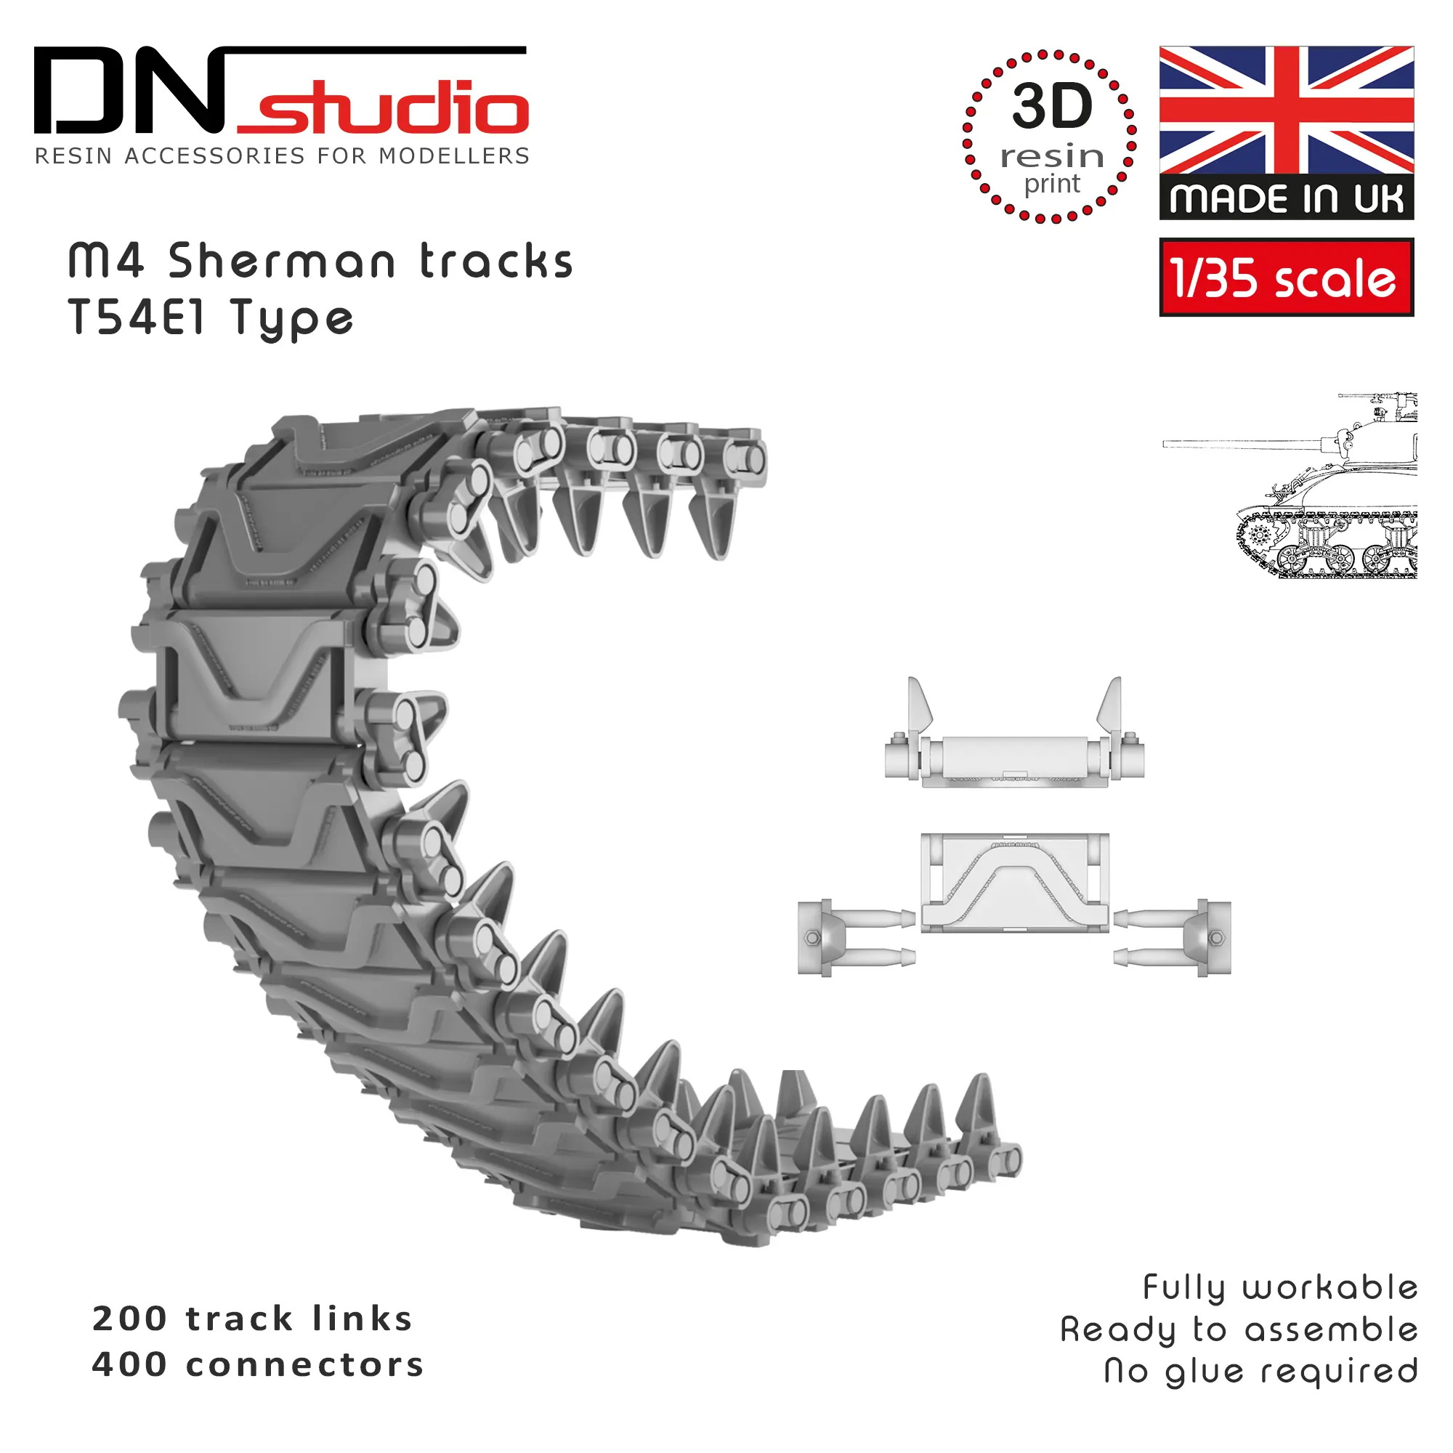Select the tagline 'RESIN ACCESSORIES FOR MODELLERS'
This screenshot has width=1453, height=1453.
pyautogui.click(x=282, y=156)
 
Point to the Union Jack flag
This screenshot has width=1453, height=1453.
pyautogui.click(x=1287, y=110)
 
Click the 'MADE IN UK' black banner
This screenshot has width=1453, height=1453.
pyautogui.click(x=1287, y=198)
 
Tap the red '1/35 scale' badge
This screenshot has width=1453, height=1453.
pyautogui.click(x=1287, y=278)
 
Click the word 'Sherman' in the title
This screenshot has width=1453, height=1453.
pyautogui.click(x=282, y=262)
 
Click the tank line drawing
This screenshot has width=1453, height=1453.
pyautogui.click(x=1290, y=486)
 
